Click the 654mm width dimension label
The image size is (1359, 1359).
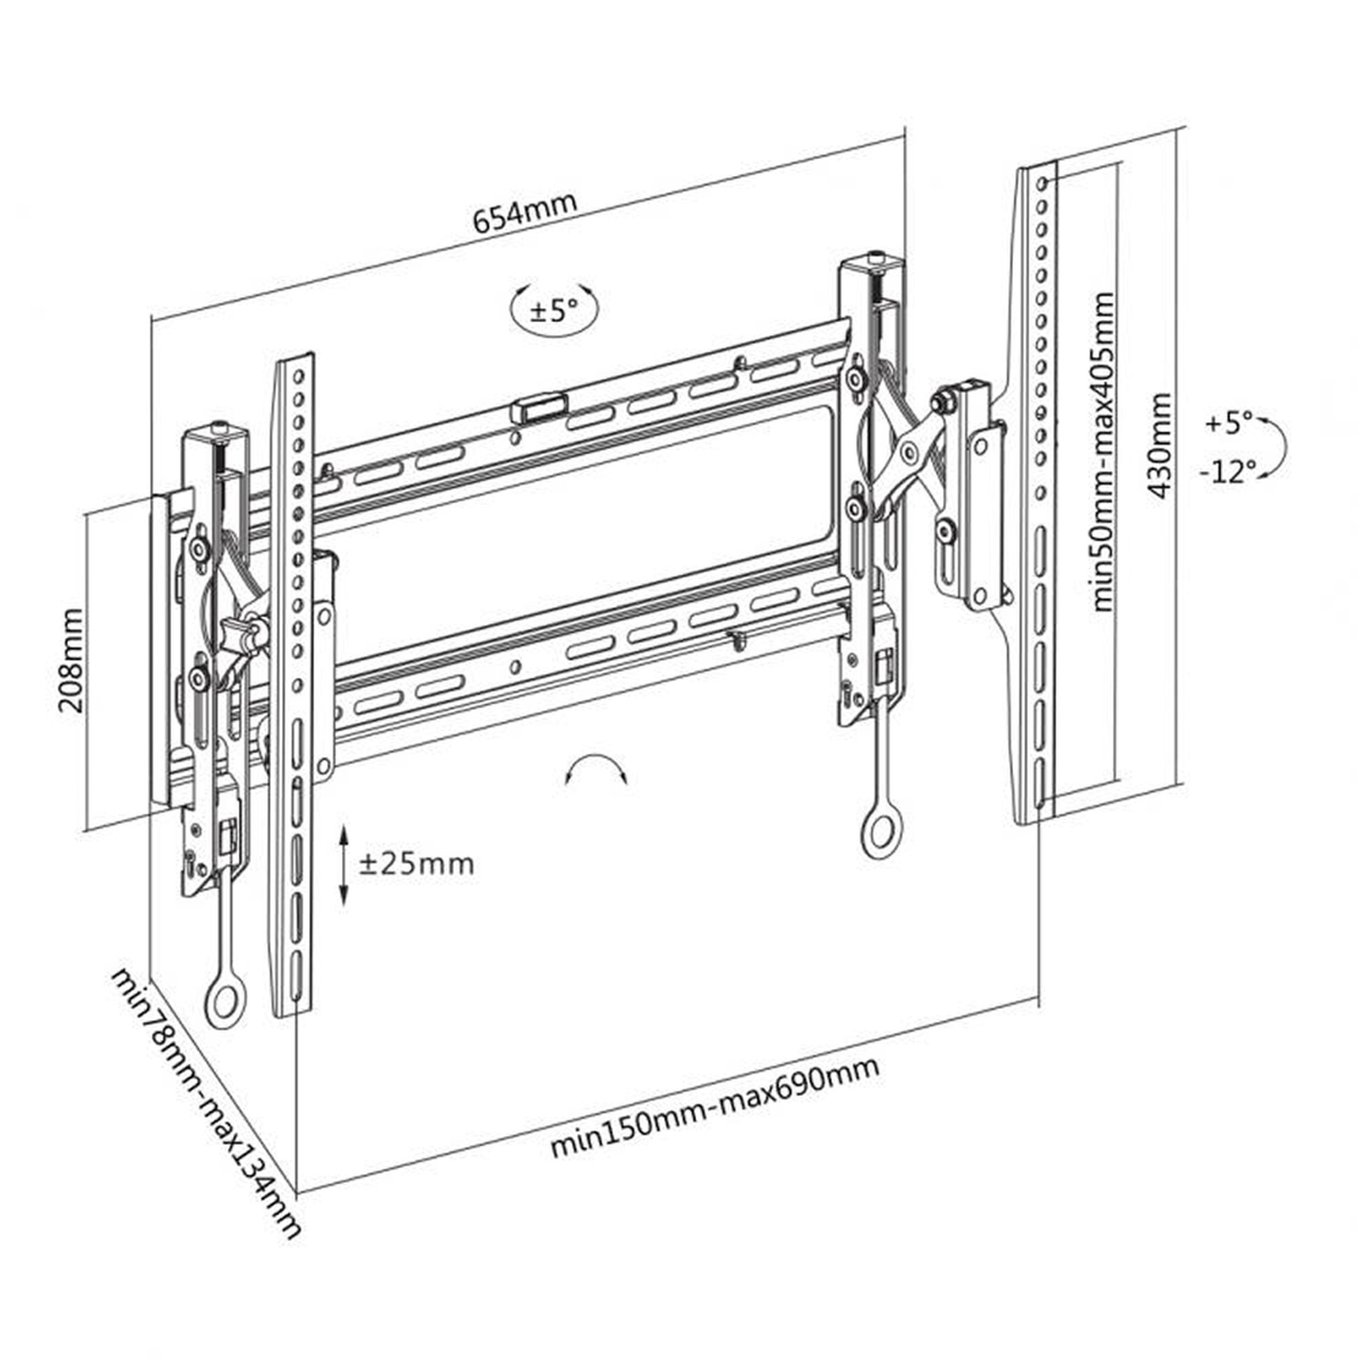pos(525,212)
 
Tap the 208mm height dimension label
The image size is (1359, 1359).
pos(71,660)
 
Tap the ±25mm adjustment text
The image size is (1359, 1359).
pos(417,864)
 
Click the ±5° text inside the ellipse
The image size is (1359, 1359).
pos(554,311)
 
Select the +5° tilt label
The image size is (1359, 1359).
pos(1229,423)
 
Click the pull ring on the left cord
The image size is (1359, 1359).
pos(224,1002)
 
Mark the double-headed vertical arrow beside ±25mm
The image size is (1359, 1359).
pos(344,866)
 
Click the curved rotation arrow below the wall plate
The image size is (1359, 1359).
pos(597,766)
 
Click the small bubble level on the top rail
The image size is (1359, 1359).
pos(539,408)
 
